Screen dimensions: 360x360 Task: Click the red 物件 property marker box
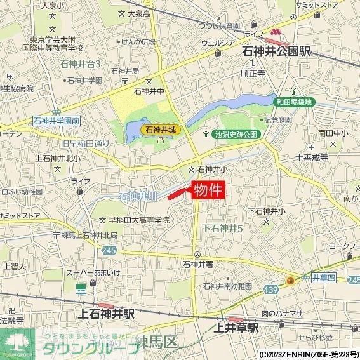click(208, 190)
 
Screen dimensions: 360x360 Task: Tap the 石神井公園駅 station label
click(276, 51)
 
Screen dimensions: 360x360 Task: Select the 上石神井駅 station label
click(107, 314)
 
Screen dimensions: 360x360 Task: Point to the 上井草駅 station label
click(236, 328)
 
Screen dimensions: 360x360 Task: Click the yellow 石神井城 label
click(162, 130)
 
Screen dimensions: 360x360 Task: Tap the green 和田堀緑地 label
click(294, 101)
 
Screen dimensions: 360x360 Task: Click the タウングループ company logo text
click(88, 348)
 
